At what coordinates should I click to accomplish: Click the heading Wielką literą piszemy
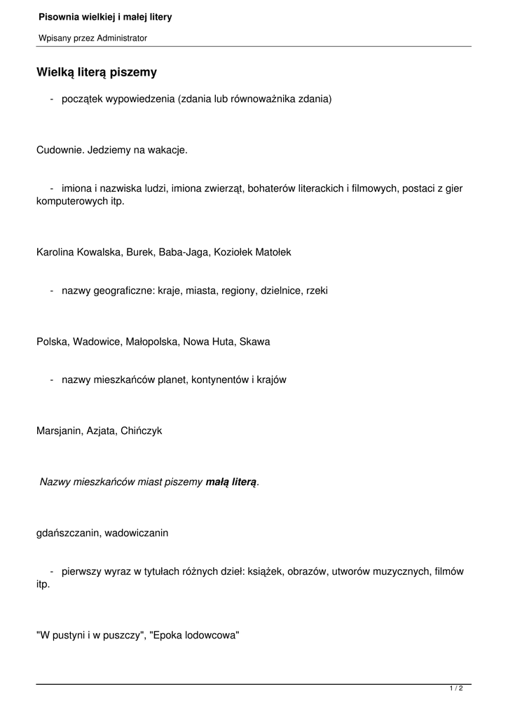point(97,72)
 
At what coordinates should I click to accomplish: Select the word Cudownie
point(59,150)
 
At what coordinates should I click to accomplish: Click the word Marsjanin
point(58,431)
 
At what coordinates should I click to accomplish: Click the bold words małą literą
point(231,482)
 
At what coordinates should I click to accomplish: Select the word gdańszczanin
point(67,533)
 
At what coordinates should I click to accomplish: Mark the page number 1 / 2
point(456,689)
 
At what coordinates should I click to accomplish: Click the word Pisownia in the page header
point(58,16)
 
